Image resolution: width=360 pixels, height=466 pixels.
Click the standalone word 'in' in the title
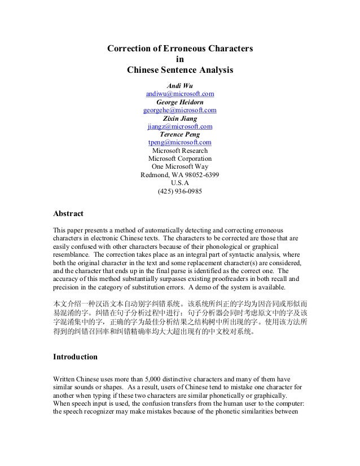point(180,60)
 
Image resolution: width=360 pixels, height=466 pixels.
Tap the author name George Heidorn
point(180,102)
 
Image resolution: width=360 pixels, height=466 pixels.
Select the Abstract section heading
point(68,214)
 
